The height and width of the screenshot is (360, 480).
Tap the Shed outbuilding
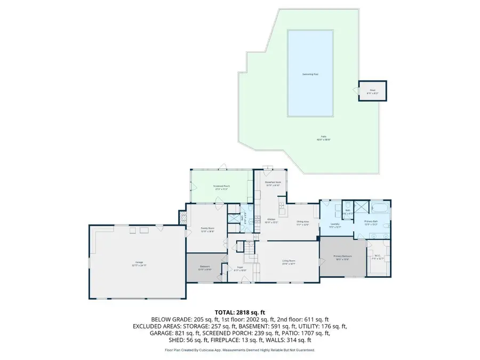coord(372,91)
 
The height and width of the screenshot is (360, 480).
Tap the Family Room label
coord(207,230)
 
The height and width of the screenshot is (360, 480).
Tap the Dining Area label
coord(303,223)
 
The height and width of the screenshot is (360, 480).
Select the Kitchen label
coord(271,220)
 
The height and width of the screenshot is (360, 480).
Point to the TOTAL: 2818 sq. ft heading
coord(240,312)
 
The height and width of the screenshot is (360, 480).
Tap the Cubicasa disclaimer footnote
coord(240,350)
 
